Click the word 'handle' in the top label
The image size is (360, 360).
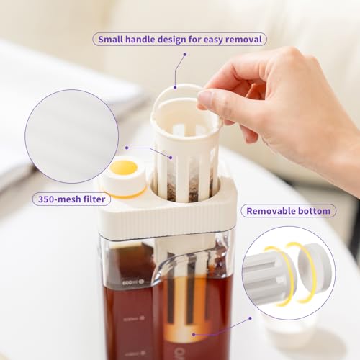[146, 39]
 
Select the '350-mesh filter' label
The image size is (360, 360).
[71, 199]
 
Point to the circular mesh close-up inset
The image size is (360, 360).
[71, 136]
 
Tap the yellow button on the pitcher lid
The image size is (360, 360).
[124, 168]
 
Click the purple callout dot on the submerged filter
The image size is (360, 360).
[193, 334]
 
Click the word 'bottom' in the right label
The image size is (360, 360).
[314, 211]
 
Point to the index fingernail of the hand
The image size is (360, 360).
[205, 96]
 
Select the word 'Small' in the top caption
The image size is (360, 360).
[114, 39]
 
